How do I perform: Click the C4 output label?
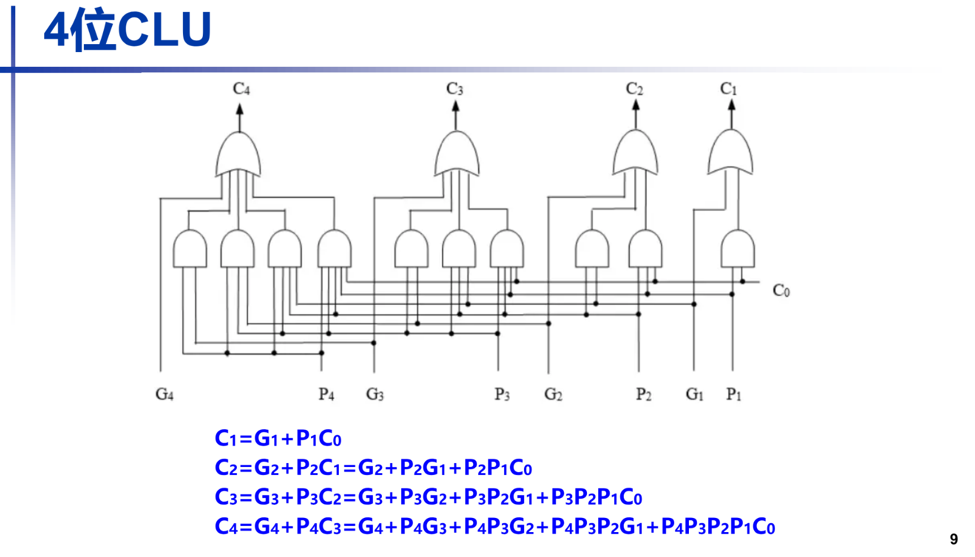[x=241, y=89]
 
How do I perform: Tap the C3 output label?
[x=454, y=89]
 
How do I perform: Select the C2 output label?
[x=634, y=89]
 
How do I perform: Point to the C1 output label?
[x=729, y=89]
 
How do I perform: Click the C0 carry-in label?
[x=781, y=291]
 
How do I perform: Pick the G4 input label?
[x=164, y=394]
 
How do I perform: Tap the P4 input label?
[x=326, y=394]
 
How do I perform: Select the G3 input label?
[x=375, y=394]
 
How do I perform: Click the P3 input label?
[x=502, y=394]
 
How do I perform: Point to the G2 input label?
[x=554, y=394]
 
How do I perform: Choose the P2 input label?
[x=644, y=394]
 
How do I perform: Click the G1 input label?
[x=695, y=394]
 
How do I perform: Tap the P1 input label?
[x=734, y=394]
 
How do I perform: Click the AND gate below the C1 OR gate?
[x=737, y=249]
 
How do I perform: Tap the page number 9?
[x=954, y=539]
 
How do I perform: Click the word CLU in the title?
[x=164, y=29]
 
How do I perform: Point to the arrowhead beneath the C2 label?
[x=636, y=105]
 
